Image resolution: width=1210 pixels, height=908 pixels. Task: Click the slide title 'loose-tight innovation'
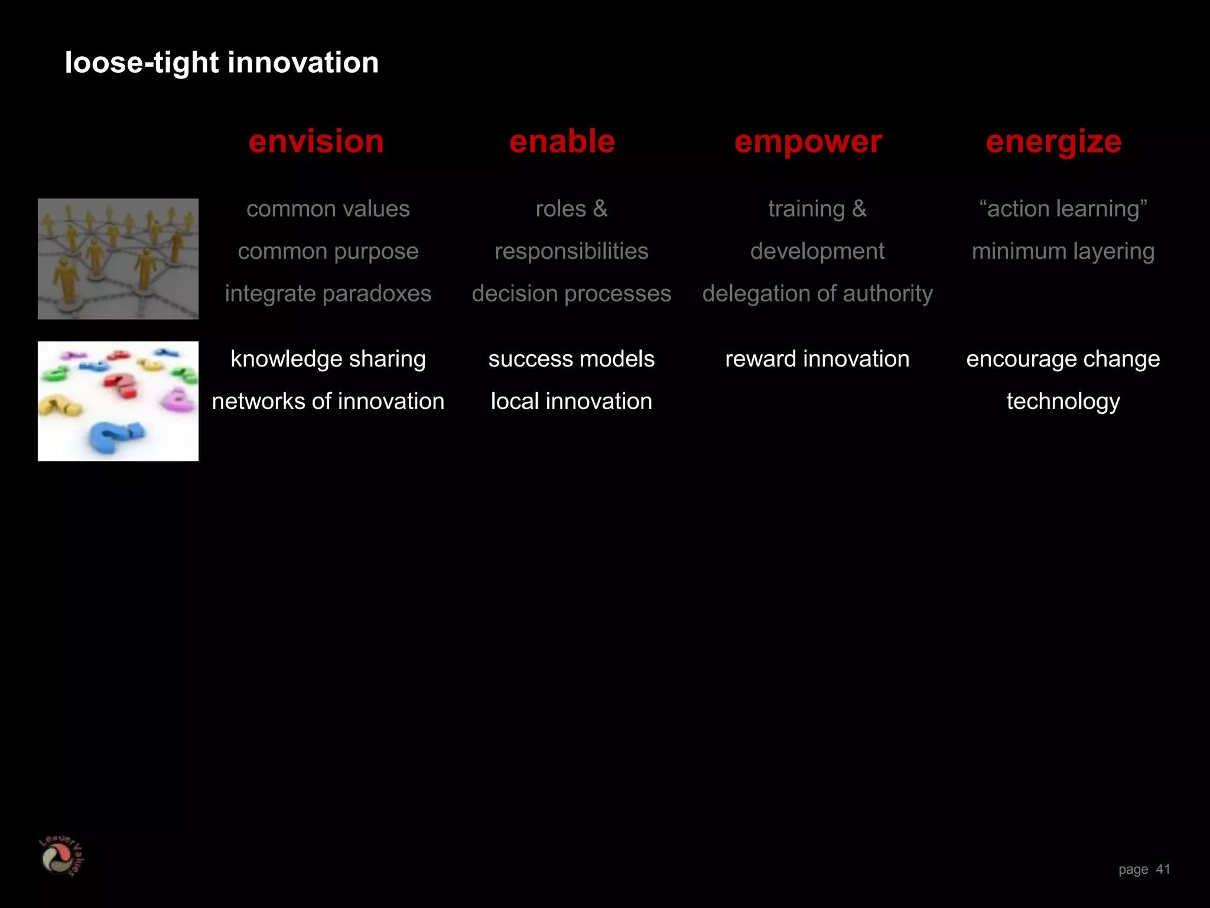222,63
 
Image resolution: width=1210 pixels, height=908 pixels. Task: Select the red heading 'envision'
316,142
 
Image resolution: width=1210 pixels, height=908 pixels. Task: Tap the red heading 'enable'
562,142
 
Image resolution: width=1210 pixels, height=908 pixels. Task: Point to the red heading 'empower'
808,142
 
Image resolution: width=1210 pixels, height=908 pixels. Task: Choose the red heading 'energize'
1053,142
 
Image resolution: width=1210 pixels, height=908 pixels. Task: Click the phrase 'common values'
328,209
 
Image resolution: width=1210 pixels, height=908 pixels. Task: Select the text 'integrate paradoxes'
328,294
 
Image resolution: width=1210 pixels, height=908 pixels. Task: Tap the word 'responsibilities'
571,251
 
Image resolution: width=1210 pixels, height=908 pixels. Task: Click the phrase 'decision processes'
571,294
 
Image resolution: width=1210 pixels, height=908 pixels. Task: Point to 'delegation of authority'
817,294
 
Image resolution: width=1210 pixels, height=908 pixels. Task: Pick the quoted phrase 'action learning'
1063,209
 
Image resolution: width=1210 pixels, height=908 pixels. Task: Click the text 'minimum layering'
1063,251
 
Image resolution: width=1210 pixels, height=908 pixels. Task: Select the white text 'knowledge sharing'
328,359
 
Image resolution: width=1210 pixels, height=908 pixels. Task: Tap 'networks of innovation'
328,401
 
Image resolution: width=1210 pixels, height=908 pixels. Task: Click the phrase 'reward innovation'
817,359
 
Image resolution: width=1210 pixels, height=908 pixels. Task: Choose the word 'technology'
1063,401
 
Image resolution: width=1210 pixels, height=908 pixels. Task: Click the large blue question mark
115,437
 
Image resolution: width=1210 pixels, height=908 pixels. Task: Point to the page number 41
1163,869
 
